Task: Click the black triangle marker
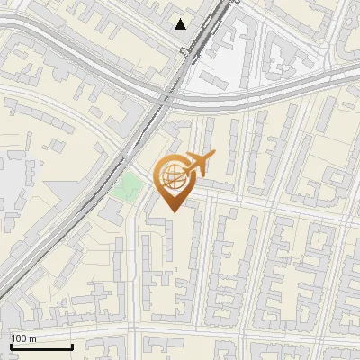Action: click(x=181, y=24)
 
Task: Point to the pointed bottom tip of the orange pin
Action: click(x=172, y=211)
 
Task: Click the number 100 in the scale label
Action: click(x=19, y=338)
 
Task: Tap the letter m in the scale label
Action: click(x=32, y=338)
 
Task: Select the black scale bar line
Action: click(x=41, y=347)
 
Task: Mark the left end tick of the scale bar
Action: click(x=11, y=346)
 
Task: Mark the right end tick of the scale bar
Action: click(x=72, y=346)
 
